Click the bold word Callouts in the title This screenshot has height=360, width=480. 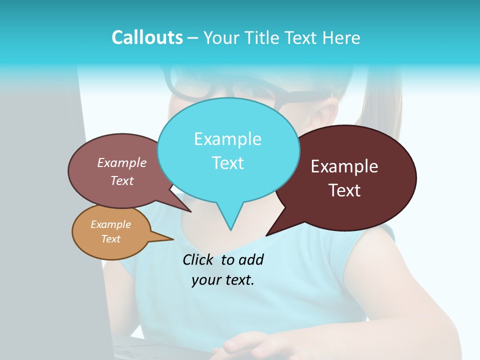click(x=147, y=37)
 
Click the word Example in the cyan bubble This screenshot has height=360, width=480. click(x=227, y=139)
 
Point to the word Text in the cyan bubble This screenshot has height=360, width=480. click(x=227, y=163)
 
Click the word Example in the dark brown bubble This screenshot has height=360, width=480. click(x=344, y=166)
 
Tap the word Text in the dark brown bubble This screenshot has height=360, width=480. click(x=344, y=190)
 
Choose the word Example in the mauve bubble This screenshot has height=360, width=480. click(x=122, y=162)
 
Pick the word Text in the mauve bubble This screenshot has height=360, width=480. click(x=122, y=180)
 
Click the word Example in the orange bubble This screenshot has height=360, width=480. click(x=110, y=224)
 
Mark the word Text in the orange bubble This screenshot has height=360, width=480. click(x=110, y=239)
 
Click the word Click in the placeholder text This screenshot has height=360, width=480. click(x=198, y=259)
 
